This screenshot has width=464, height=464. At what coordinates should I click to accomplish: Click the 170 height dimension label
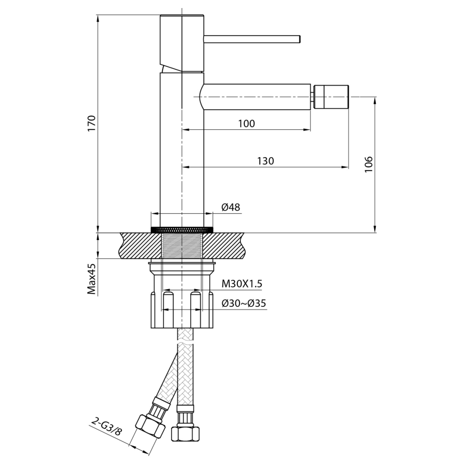point(91,123)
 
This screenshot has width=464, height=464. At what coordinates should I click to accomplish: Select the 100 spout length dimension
point(246,123)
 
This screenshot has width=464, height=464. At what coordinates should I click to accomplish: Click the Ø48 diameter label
point(230,207)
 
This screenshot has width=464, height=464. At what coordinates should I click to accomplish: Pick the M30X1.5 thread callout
point(244,283)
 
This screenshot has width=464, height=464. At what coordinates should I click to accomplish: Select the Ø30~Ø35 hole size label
point(244,304)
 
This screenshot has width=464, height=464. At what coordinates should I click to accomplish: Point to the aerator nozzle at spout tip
point(331,96)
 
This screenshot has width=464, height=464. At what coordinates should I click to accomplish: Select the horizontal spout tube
point(257,96)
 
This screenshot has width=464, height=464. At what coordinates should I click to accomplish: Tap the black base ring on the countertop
point(182,229)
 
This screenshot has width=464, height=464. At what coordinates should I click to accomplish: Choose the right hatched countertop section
point(227,246)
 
